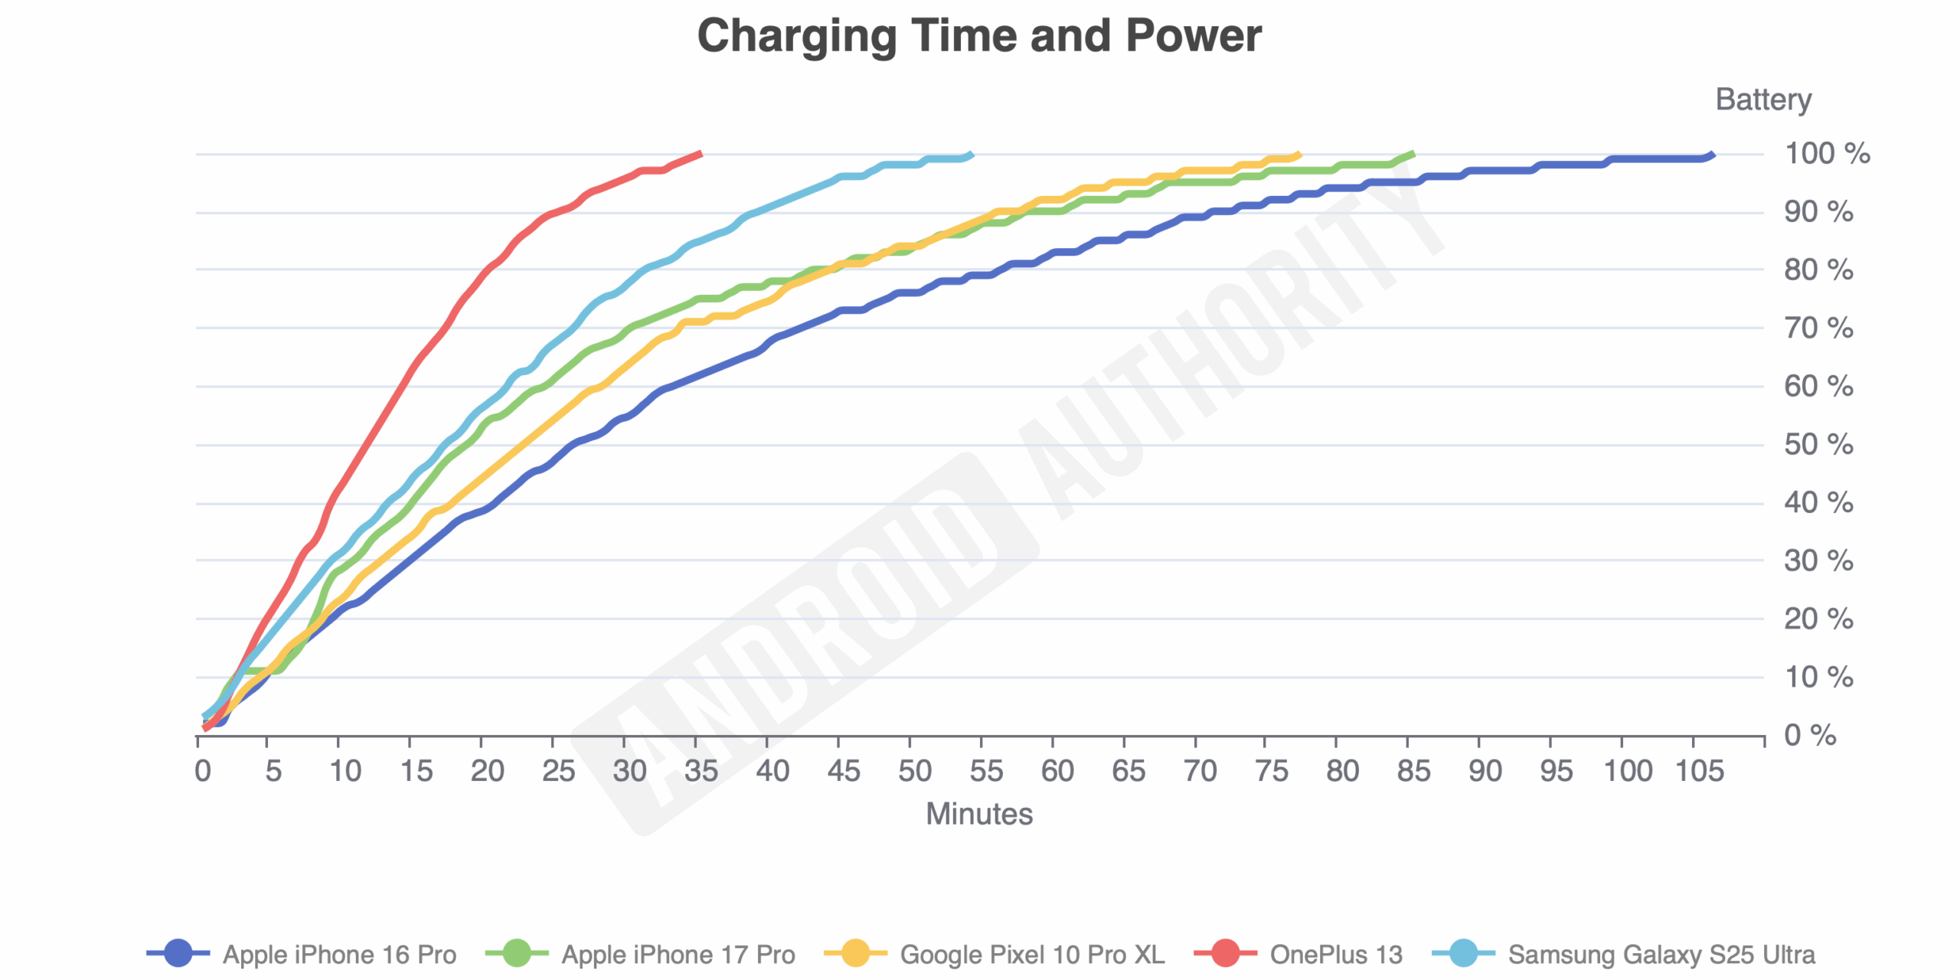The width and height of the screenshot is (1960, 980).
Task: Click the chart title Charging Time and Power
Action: pos(979,36)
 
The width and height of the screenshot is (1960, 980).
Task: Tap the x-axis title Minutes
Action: pos(979,814)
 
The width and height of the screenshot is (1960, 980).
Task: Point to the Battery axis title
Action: pos(1763,100)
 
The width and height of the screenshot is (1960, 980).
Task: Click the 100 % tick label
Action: pos(1827,154)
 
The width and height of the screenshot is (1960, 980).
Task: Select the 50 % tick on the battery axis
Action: pos(1818,445)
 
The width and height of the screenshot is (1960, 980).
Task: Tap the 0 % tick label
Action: pos(1810,735)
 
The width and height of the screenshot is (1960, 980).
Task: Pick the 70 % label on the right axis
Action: pos(1818,328)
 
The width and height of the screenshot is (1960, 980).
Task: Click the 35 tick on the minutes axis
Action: pos(701,771)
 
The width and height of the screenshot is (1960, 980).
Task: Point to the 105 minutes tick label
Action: pos(1700,771)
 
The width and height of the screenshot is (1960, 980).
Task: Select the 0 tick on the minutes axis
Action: pos(202,771)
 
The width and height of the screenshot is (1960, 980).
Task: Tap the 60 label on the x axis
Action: pos(1057,771)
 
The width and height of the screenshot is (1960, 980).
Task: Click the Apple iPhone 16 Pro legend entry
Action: pos(302,954)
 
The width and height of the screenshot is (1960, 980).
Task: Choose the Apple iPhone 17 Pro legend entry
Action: pos(640,954)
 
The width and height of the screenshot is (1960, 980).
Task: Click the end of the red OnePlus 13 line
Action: pos(701,153)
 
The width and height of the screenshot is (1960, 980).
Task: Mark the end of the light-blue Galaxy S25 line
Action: pos(972,154)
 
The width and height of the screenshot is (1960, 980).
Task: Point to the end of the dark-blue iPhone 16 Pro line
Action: pos(1713,155)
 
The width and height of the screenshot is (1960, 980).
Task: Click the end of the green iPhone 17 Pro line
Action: pos(1413,154)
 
